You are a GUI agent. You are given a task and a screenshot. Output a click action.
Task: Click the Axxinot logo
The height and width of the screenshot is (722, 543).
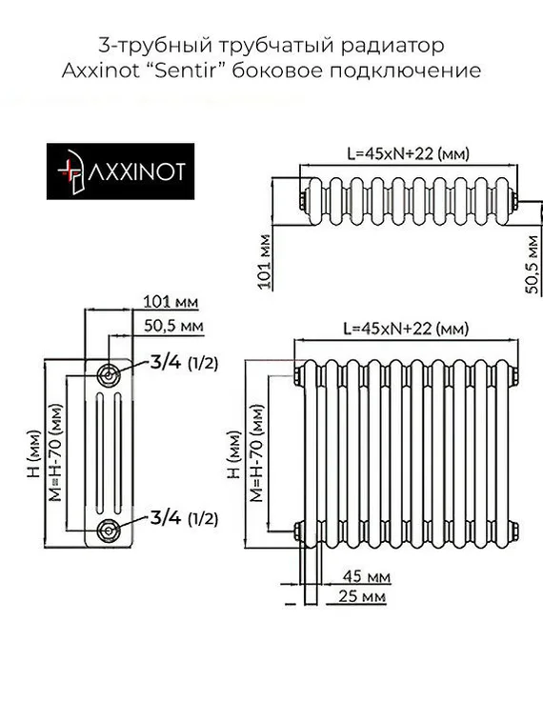pos(121,171)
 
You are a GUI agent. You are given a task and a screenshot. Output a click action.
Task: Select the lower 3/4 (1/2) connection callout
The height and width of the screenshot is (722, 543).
pos(183,518)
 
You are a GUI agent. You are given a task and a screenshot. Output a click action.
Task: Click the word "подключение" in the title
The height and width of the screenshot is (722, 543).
pos(424,70)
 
